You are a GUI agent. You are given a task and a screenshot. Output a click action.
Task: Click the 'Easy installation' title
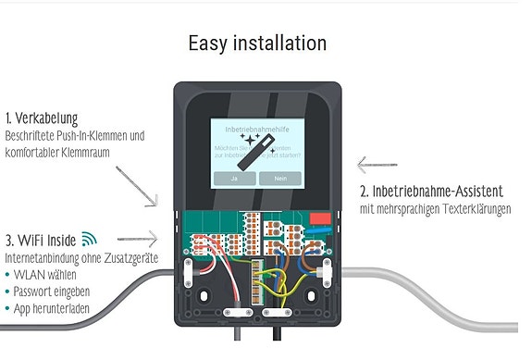tap(256, 43)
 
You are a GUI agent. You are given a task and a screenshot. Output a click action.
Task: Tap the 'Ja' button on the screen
tap(234, 177)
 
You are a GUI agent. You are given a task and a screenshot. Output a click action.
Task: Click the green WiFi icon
tap(89, 238)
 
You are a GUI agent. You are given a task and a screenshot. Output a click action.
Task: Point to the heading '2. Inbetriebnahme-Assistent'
tap(434, 192)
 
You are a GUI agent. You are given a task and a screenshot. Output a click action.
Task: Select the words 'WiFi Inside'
tap(49, 239)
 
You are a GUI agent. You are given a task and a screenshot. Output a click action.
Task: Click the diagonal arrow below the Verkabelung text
tap(137, 185)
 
